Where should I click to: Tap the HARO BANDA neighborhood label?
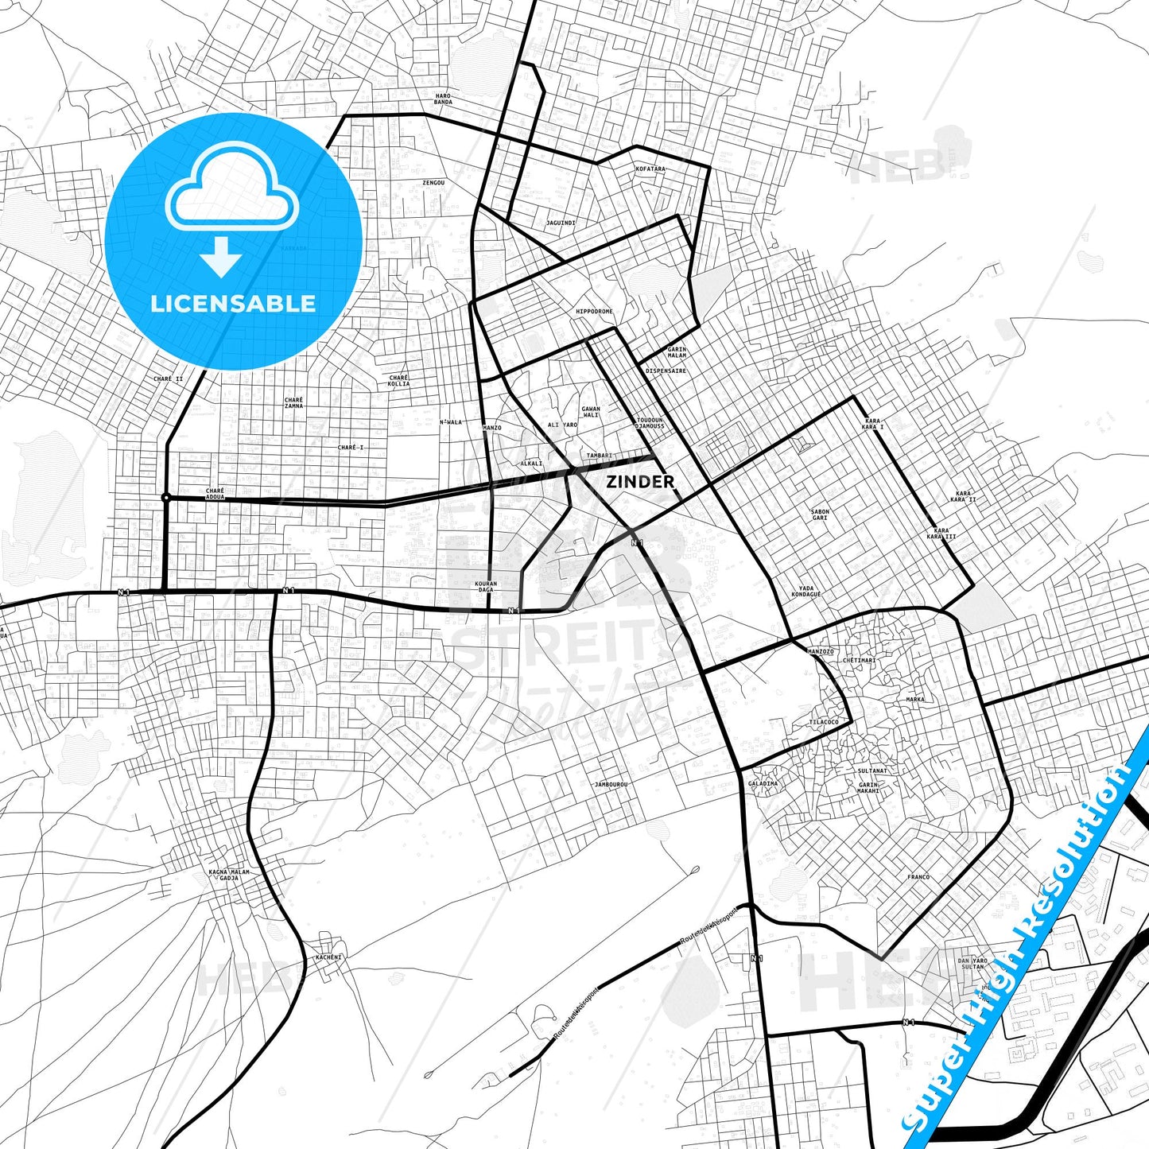click(x=443, y=99)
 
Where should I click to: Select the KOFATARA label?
click(x=650, y=169)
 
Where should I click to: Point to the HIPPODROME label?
click(x=595, y=312)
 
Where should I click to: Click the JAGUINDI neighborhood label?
click(x=561, y=223)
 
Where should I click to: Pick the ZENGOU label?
click(x=433, y=183)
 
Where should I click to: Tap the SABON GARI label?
click(x=820, y=514)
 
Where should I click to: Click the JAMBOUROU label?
click(x=611, y=785)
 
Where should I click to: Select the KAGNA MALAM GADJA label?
click(x=229, y=875)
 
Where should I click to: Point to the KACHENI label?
click(x=328, y=957)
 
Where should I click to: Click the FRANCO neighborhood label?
click(x=918, y=877)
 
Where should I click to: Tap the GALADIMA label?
click(x=763, y=784)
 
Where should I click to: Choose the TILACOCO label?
click(x=824, y=722)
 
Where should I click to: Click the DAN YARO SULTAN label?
click(x=972, y=964)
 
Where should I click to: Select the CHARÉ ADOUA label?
click(x=215, y=494)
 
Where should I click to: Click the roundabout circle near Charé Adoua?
click(x=165, y=498)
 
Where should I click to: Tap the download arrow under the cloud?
click(x=221, y=256)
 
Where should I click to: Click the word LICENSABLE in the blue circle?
click(x=233, y=304)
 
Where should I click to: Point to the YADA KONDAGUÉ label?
click(x=807, y=592)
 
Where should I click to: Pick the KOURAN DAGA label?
click(x=486, y=587)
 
